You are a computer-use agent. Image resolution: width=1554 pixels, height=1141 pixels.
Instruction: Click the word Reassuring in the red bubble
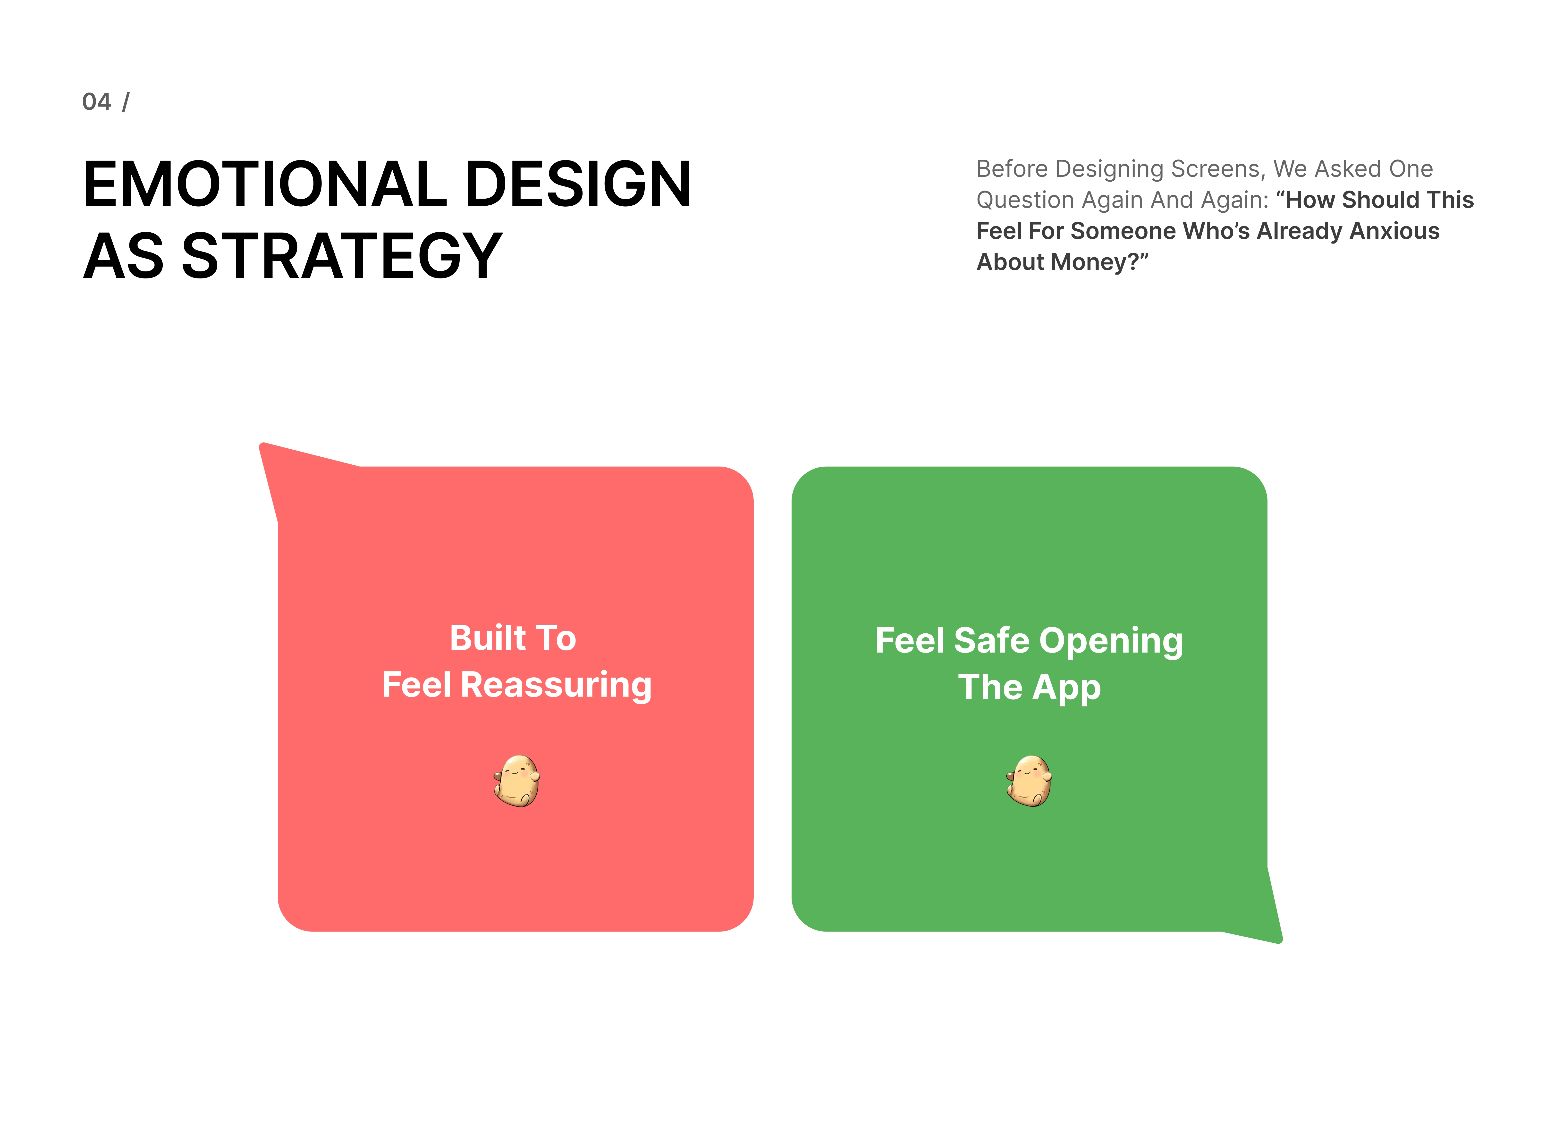(556, 686)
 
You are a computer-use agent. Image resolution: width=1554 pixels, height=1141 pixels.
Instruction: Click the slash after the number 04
(126, 102)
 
